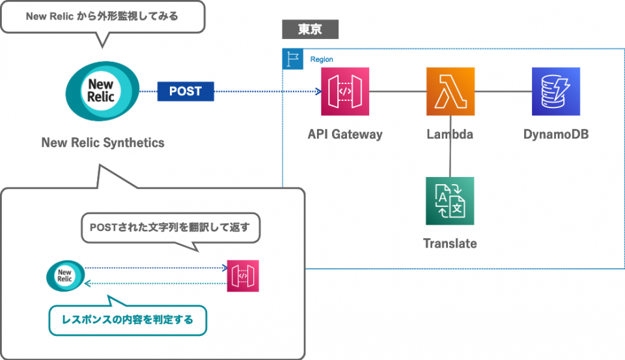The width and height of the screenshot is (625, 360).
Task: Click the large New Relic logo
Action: (102, 92)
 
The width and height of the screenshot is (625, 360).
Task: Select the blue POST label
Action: (186, 91)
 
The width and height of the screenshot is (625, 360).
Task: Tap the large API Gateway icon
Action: (345, 92)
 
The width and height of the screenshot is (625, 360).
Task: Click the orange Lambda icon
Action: (451, 92)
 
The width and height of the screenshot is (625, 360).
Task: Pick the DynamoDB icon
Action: (556, 92)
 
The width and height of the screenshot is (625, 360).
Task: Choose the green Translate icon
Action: (450, 201)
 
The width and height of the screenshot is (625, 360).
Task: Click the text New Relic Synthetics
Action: (103, 143)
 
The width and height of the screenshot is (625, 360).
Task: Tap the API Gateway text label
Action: (345, 135)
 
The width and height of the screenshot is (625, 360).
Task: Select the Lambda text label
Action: (450, 135)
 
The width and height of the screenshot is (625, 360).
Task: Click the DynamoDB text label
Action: (556, 135)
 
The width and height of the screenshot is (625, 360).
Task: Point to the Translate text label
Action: (450, 243)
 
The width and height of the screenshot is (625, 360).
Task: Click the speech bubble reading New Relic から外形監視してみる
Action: (102, 16)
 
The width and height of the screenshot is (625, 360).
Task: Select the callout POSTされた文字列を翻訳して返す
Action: (171, 228)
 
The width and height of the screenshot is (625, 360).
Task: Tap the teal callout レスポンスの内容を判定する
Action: (128, 320)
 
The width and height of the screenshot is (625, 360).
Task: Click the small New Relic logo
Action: (64, 275)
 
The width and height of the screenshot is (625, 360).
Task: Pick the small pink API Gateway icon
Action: (243, 275)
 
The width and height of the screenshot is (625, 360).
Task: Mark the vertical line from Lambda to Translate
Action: (451, 146)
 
